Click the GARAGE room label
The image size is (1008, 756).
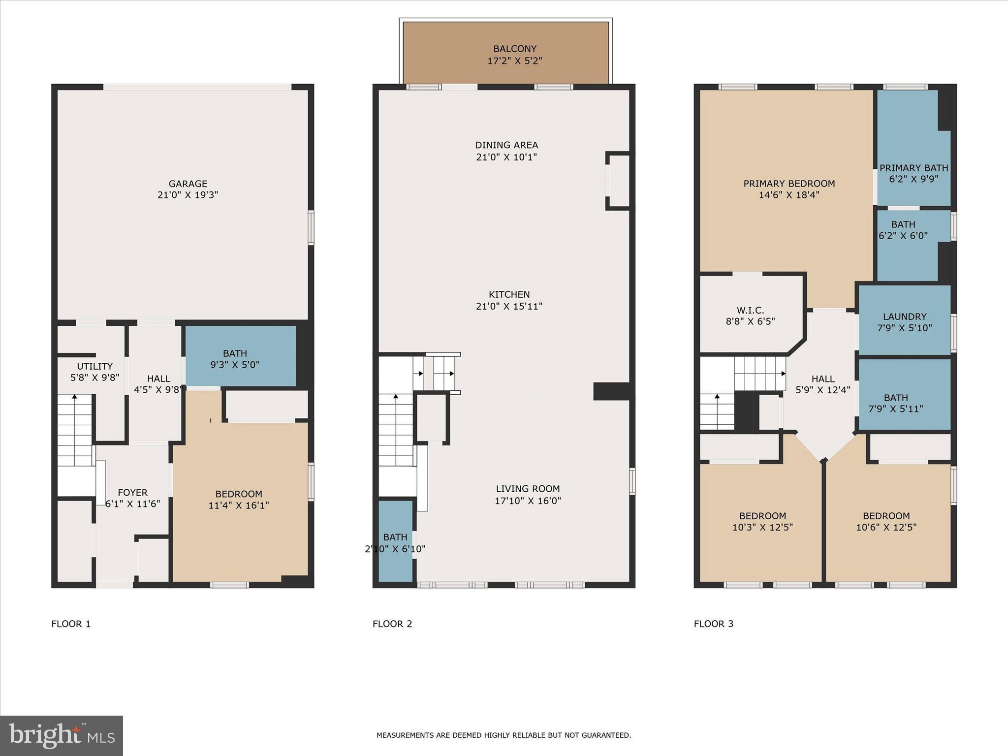(188, 184)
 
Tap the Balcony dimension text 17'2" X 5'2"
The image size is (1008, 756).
(515, 61)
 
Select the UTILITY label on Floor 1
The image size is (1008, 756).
(94, 366)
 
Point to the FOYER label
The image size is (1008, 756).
(132, 493)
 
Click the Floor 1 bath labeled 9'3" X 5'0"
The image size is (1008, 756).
(235, 359)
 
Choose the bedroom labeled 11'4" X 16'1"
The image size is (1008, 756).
(239, 500)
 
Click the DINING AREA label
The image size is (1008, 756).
(506, 145)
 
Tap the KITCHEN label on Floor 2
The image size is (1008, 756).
(509, 294)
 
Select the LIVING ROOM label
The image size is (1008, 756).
(528, 489)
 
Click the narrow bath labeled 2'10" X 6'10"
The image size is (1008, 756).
(395, 543)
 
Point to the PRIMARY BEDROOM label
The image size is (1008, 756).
(789, 184)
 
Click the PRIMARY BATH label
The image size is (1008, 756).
(913, 168)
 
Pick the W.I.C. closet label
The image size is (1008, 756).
(750, 311)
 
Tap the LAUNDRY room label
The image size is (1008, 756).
(905, 317)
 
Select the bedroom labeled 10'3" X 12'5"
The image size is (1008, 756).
(762, 522)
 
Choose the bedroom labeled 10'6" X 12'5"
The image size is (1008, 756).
(886, 522)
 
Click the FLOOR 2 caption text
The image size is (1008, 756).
(392, 624)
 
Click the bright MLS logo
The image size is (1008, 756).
(62, 736)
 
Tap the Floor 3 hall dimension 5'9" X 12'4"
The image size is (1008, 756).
(823, 390)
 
